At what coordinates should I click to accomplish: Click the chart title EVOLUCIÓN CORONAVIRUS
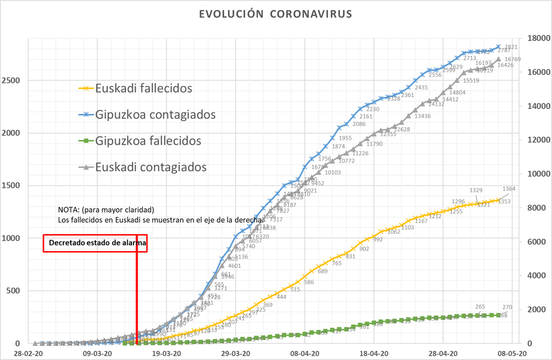(x=276, y=14)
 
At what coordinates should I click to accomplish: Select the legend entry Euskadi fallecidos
(x=143, y=88)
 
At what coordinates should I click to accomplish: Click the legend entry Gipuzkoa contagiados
(x=155, y=114)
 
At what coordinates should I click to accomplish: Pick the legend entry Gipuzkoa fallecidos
(x=148, y=141)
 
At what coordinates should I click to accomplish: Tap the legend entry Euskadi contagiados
(x=151, y=167)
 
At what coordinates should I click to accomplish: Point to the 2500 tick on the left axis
(x=13, y=81)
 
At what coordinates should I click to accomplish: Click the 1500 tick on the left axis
(x=13, y=185)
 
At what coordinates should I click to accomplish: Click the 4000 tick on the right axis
(x=536, y=276)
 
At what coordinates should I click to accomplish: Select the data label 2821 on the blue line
(x=511, y=47)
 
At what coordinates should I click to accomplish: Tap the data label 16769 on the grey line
(x=513, y=59)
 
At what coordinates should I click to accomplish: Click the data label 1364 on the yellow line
(x=509, y=189)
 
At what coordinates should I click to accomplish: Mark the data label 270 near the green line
(x=507, y=307)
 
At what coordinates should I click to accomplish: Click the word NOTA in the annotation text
(x=67, y=210)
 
